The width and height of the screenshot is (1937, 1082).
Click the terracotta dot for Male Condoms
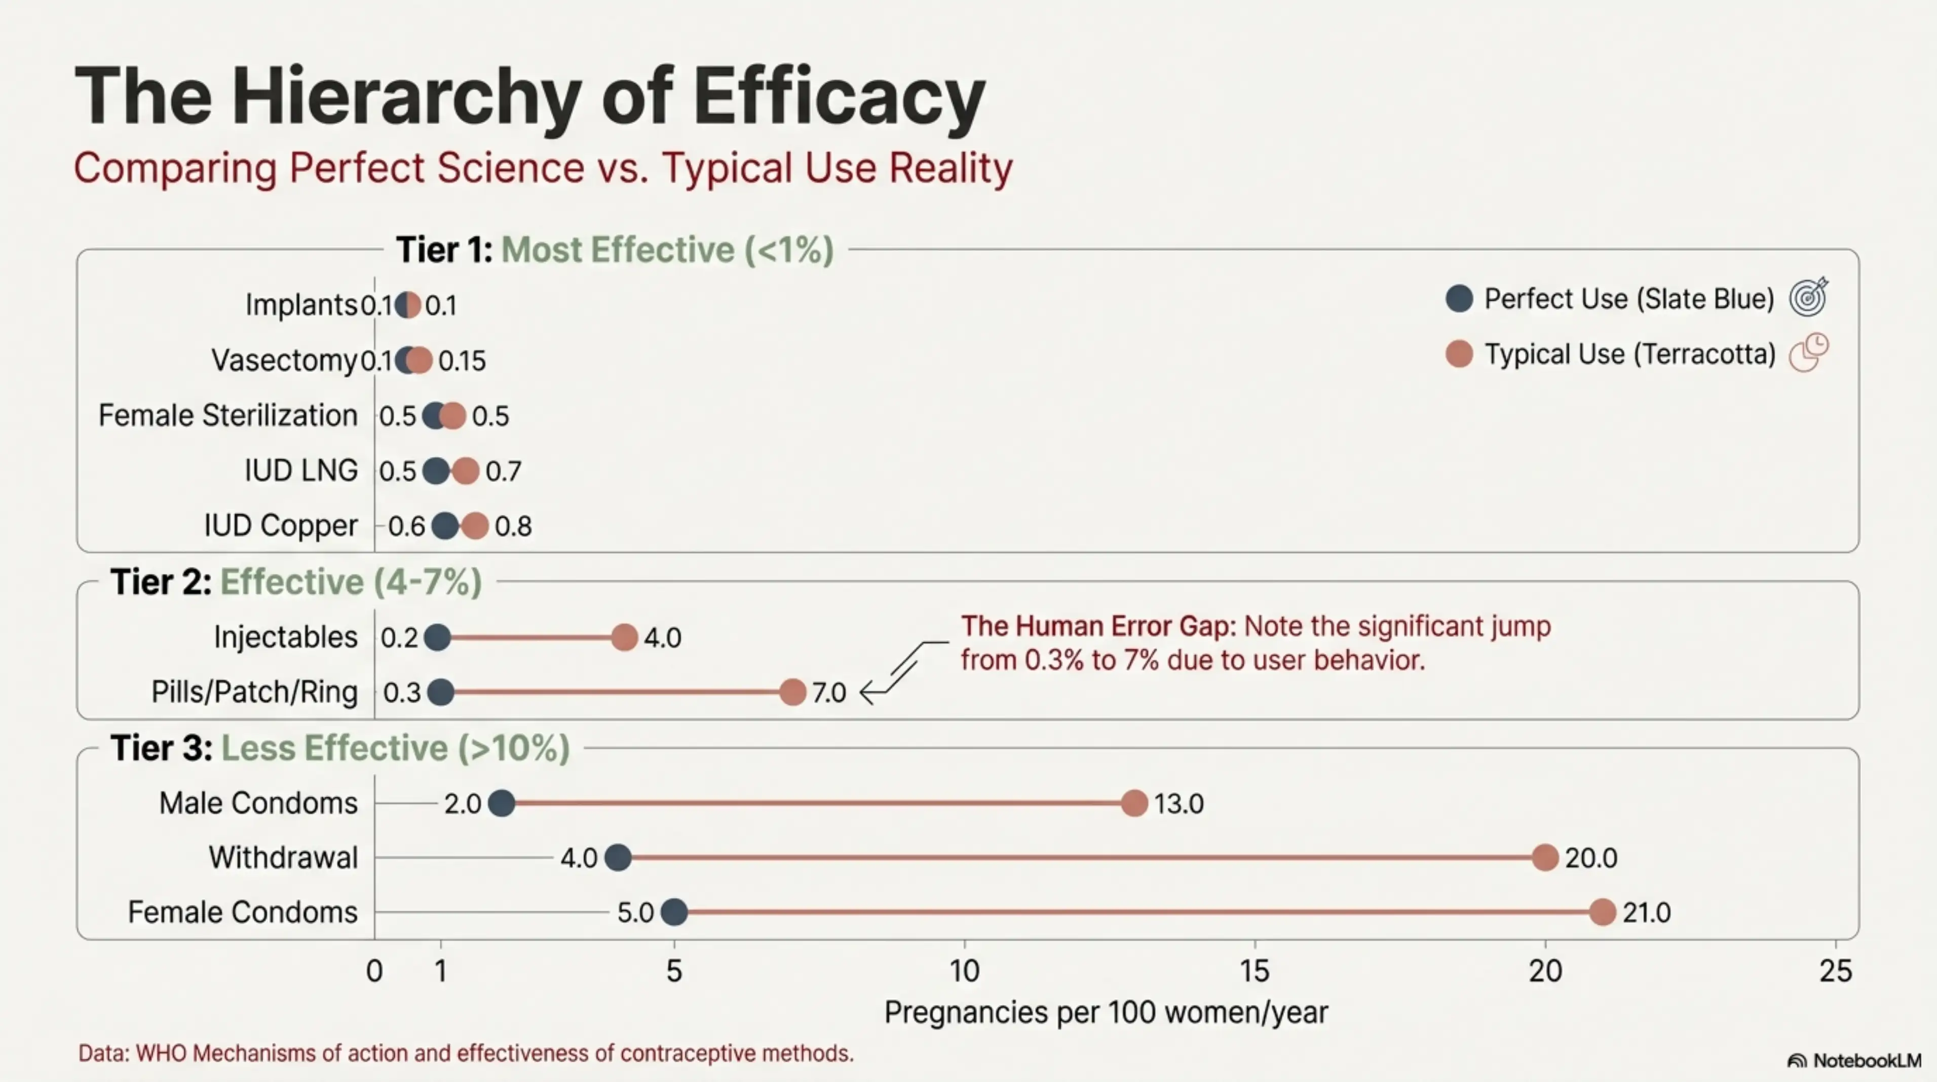click(x=1134, y=803)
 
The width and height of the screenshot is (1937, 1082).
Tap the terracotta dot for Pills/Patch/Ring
click(x=792, y=692)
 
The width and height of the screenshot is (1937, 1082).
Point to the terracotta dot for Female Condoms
click(x=1603, y=912)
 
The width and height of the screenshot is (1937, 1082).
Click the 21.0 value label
click(x=1647, y=913)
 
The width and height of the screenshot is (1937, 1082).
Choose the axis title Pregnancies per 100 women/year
click(x=1106, y=1013)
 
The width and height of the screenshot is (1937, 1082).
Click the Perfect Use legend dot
click(x=1459, y=299)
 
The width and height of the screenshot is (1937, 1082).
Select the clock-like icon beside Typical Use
click(x=1808, y=352)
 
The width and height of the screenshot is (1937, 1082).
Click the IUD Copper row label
click(x=281, y=526)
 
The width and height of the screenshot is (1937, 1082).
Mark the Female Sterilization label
click(x=228, y=415)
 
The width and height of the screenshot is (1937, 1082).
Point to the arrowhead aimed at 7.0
click(x=866, y=692)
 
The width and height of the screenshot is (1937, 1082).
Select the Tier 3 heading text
click(x=340, y=748)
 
